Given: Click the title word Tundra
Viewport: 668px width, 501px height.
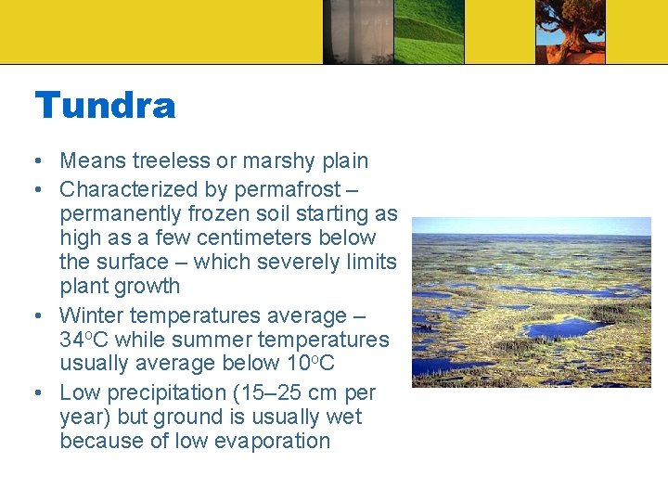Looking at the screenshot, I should click(x=105, y=105).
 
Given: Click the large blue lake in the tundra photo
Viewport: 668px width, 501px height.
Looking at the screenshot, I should click(x=565, y=328).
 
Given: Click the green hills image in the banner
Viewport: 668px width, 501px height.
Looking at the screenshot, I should click(x=429, y=32).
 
